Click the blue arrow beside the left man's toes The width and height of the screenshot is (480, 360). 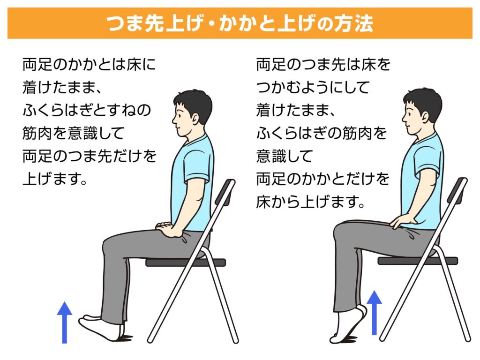65,322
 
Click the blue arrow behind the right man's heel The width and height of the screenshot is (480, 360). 374,313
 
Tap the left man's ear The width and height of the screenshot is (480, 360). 195,118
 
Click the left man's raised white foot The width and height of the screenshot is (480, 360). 102,328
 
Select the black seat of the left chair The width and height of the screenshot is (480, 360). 186,262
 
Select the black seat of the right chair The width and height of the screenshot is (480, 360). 418,261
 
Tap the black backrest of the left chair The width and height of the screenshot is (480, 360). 225,193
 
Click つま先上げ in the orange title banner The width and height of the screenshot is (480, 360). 155,23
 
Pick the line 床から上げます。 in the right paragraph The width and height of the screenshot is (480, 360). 311,202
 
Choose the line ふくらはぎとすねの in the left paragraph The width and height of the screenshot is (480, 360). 87,110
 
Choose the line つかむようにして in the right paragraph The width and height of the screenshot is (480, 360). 313,88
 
